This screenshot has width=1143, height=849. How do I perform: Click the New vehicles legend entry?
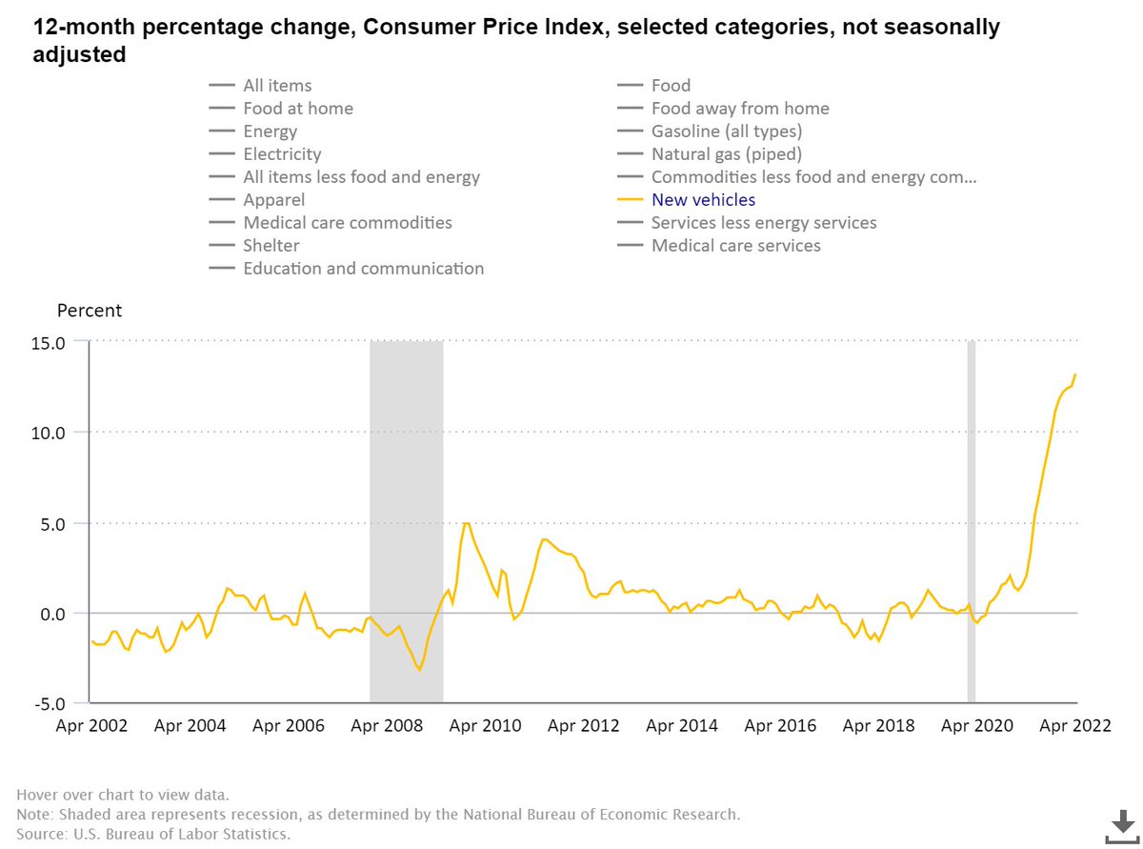(x=703, y=200)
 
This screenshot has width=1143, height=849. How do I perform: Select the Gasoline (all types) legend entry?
(x=726, y=131)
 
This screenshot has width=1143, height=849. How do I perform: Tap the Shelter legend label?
(x=271, y=246)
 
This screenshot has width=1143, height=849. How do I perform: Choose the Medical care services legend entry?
(x=735, y=246)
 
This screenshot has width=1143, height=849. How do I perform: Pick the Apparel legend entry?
(x=273, y=200)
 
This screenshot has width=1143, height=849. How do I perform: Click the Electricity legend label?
(x=282, y=154)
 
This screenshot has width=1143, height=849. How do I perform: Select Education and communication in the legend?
(x=363, y=269)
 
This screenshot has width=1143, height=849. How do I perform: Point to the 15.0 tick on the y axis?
(x=46, y=341)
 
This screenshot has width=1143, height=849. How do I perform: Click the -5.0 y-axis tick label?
(x=46, y=704)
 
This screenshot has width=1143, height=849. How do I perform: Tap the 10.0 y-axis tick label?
(x=46, y=432)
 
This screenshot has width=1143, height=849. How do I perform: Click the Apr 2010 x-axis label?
(x=485, y=726)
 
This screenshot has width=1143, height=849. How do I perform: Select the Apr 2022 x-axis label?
(x=1073, y=726)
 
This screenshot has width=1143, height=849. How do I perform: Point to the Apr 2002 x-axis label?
(x=92, y=726)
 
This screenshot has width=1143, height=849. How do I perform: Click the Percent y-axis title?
(x=90, y=311)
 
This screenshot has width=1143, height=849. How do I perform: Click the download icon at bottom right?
(x=1121, y=825)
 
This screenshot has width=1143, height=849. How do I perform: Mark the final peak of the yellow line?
(x=1075, y=374)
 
